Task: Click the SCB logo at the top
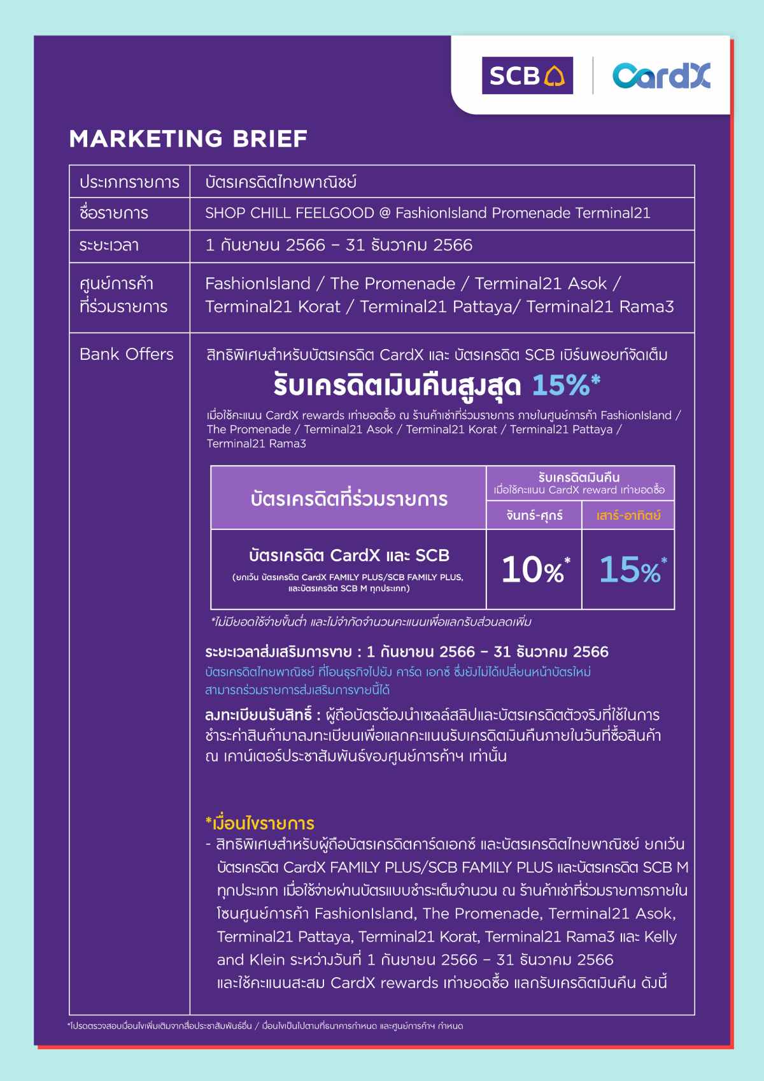click(527, 76)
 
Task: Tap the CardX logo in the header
click(661, 76)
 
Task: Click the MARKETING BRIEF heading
click(188, 139)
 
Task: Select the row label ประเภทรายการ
click(129, 182)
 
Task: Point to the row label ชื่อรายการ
click(114, 213)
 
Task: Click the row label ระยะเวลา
click(109, 245)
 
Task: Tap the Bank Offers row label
click(126, 354)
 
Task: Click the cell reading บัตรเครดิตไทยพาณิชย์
click(281, 182)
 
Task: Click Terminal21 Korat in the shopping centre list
click(272, 306)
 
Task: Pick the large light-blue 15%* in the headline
click(565, 385)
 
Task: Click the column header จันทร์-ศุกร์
click(534, 515)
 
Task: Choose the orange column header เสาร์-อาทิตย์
click(628, 515)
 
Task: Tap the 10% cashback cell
click(534, 569)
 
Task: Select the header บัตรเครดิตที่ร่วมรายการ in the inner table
click(349, 499)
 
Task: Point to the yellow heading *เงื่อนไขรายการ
click(260, 823)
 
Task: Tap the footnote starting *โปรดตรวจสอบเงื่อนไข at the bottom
click(265, 1026)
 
